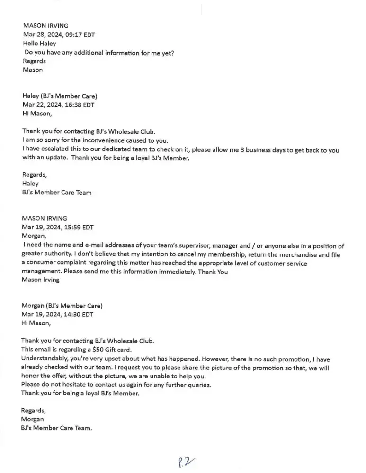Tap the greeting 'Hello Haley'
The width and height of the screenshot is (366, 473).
pyautogui.click(x=39, y=44)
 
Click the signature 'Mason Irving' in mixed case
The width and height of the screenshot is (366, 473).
pyautogui.click(x=41, y=280)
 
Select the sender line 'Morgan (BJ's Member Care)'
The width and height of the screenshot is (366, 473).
pyautogui.click(x=62, y=306)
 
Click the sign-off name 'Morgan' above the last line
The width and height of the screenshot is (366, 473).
pyautogui.click(x=32, y=419)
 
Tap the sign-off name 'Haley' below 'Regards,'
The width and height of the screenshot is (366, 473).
pyautogui.click(x=30, y=184)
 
